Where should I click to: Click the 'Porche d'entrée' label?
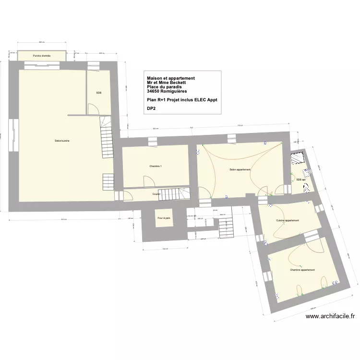pos(42,56)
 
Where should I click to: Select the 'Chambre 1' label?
pos(156,166)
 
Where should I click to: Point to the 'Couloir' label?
pos(156,194)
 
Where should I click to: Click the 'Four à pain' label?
pos(164,218)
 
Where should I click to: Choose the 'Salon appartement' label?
pos(240,169)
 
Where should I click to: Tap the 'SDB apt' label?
pos(301,179)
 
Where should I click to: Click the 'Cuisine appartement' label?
pos(287,220)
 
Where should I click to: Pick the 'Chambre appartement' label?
pos(302,270)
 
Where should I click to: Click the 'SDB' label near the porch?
pos(98,93)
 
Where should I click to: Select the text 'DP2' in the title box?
pos(152,109)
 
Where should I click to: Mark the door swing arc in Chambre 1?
pos(150,180)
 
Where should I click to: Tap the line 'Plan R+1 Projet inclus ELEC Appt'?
pos(182,100)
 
